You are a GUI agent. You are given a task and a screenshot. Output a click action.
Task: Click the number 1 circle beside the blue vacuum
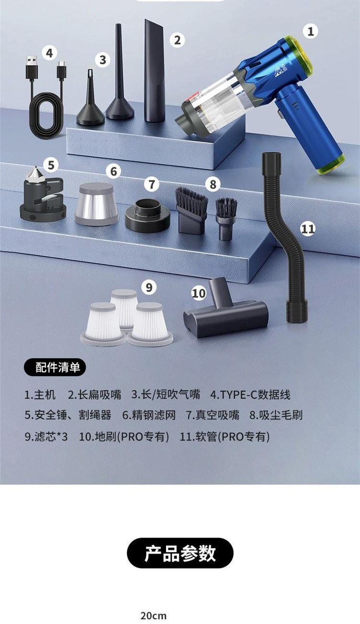(311, 31)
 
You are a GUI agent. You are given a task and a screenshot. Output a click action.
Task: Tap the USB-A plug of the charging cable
(32, 68)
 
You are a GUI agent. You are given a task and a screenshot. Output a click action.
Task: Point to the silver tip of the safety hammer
(36, 175)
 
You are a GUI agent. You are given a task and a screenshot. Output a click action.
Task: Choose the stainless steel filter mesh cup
(96, 204)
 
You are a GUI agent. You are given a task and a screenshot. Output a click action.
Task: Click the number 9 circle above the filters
(149, 287)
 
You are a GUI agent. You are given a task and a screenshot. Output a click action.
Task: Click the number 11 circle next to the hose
(308, 229)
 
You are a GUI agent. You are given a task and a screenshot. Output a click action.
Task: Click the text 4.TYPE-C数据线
(250, 395)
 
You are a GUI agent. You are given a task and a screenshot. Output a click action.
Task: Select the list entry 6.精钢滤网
(149, 415)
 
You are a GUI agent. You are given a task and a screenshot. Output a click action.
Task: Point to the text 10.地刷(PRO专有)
(124, 436)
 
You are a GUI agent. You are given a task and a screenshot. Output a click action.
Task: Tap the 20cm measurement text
(154, 616)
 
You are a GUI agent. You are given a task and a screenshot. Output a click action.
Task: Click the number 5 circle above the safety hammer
(51, 165)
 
